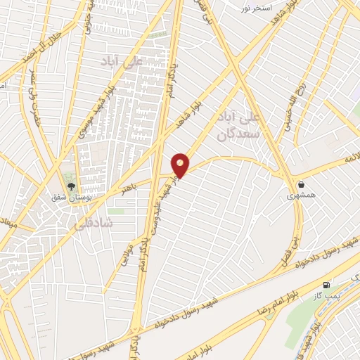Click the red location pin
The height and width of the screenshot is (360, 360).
pos(181,165)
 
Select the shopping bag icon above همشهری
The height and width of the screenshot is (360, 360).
pos(301,184)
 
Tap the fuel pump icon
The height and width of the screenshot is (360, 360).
pos(326,285)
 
